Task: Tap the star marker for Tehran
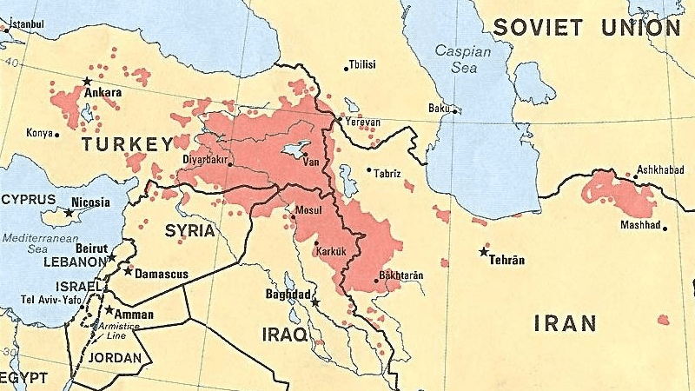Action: [x=484, y=252]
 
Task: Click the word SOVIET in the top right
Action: [x=537, y=28]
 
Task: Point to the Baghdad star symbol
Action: [x=315, y=302]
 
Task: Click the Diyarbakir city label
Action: [x=205, y=160]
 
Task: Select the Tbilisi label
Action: [x=362, y=65]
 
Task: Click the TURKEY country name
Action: [x=127, y=143]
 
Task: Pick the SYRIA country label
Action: [x=189, y=231]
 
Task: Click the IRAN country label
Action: [x=565, y=324]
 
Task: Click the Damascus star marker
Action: [x=128, y=271]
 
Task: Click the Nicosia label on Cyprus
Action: [x=90, y=202]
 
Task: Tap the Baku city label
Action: [x=439, y=108]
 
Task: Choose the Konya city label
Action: [x=38, y=133]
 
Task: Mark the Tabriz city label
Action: [x=387, y=173]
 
